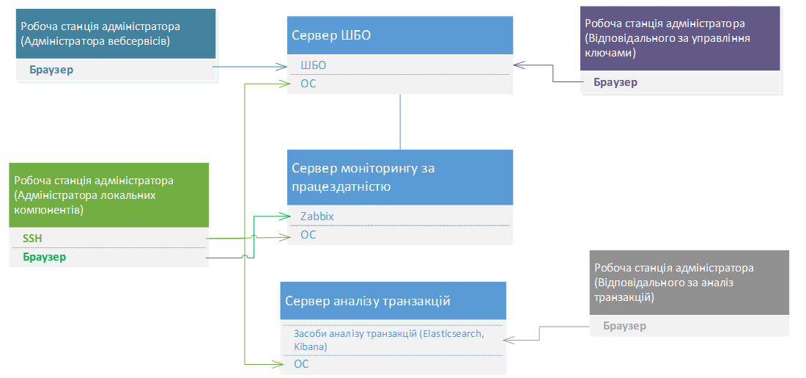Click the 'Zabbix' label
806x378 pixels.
click(317, 217)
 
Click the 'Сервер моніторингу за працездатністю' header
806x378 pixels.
click(399, 178)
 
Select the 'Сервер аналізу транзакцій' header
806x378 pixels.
click(393, 302)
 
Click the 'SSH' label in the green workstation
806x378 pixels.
click(33, 239)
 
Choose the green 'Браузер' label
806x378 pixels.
click(44, 257)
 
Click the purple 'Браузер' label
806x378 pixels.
click(615, 82)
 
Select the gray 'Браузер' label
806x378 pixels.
click(624, 326)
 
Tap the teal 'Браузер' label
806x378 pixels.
click(52, 70)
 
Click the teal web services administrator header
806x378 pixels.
click(116, 34)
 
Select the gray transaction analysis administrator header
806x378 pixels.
click(689, 283)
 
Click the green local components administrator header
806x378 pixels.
click(108, 195)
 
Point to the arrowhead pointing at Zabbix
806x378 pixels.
click(288, 217)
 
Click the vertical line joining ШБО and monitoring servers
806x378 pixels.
click(400, 122)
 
